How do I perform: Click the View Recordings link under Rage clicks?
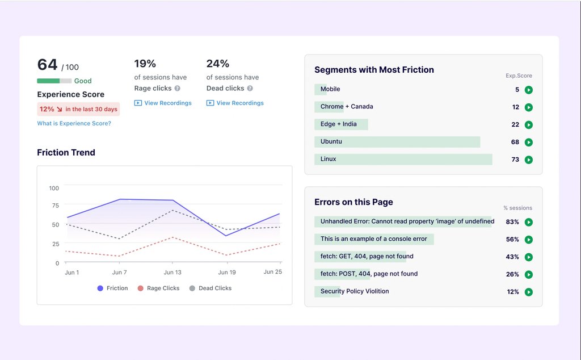coord(163,103)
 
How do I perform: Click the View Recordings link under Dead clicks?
coord(235,103)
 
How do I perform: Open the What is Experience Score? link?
coord(74,123)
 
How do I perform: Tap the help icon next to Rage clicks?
coord(178,89)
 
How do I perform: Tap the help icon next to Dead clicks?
coord(250,89)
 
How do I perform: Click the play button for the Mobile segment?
coord(529,90)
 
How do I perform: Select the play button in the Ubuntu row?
coord(529,142)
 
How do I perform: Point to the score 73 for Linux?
coord(515,160)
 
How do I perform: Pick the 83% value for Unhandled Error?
coord(512,222)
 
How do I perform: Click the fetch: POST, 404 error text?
coord(369,274)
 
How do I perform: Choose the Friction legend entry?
coord(112,288)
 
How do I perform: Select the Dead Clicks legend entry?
coord(210,288)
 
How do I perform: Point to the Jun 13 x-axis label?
coord(172,273)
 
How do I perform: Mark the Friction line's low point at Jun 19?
coord(226,236)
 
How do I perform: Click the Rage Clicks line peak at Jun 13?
coord(173,237)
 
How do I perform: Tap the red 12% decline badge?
coord(78,109)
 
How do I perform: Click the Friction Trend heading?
coord(66,153)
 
